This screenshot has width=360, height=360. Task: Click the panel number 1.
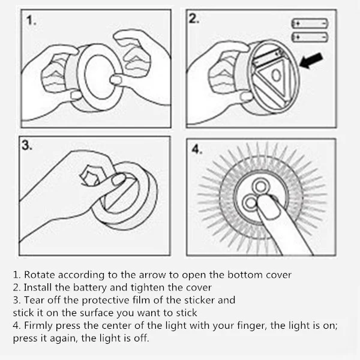31,20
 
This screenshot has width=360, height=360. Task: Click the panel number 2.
194,19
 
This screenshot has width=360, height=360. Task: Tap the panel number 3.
27,145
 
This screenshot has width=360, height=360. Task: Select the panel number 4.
197,149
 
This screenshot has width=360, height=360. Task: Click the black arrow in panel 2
311,61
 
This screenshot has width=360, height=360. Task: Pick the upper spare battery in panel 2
310,23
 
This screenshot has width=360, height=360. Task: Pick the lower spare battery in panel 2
310,37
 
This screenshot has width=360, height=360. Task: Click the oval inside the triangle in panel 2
276,75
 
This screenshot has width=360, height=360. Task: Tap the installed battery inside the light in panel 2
268,58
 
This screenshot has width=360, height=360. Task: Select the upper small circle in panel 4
260,186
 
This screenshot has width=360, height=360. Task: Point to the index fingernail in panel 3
119,179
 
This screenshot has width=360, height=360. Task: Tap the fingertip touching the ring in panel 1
116,80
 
